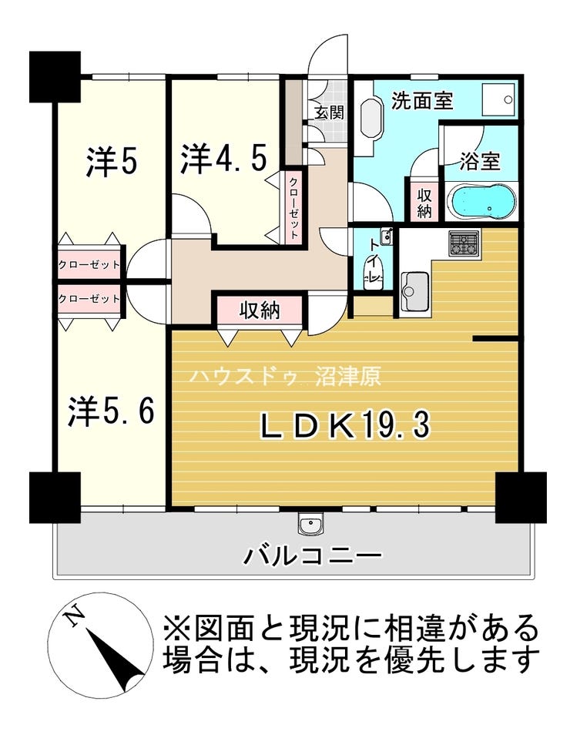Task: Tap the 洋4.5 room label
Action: click(x=223, y=159)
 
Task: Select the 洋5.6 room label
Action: click(x=111, y=411)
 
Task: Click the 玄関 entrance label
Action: click(x=330, y=112)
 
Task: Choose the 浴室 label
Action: click(x=479, y=161)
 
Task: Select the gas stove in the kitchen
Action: click(x=464, y=243)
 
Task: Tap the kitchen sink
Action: click(x=414, y=291)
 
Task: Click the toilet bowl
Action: click(x=372, y=273)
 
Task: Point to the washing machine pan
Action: click(x=499, y=99)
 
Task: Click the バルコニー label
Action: click(x=313, y=556)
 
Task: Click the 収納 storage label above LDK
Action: click(x=260, y=310)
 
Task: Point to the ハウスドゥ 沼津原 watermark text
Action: click(x=286, y=377)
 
